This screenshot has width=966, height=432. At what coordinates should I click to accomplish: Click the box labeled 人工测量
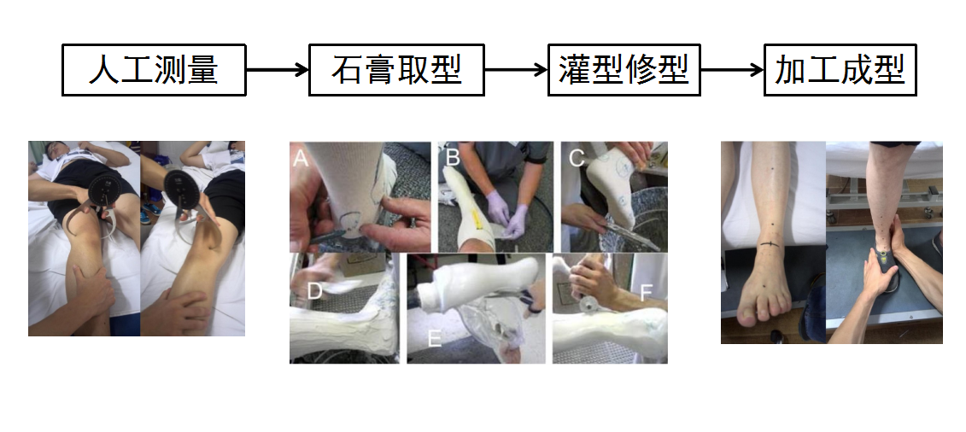[x=154, y=69]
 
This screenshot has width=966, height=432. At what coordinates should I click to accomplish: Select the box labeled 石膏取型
[x=396, y=69]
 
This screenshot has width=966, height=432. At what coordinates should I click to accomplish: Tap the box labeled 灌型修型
[x=624, y=69]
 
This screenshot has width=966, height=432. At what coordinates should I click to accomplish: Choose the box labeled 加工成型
[x=840, y=69]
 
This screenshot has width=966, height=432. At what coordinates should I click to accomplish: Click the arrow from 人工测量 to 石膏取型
[x=278, y=69]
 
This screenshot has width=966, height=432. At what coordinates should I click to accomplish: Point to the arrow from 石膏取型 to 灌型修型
[x=516, y=69]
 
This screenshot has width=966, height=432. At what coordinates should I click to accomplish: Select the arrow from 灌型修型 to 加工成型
[x=733, y=69]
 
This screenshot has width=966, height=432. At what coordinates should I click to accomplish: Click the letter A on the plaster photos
[x=300, y=158]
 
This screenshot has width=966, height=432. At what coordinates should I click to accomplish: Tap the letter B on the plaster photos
[x=453, y=158]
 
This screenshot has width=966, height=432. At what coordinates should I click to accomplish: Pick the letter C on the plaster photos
[x=577, y=158]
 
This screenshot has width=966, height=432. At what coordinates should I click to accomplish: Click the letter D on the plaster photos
[x=315, y=291]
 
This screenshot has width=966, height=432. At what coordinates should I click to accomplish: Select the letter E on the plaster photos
[x=435, y=338]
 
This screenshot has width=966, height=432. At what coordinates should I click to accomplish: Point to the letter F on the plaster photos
[x=646, y=293]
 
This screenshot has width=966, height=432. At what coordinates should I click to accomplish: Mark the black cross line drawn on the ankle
[x=770, y=245]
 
